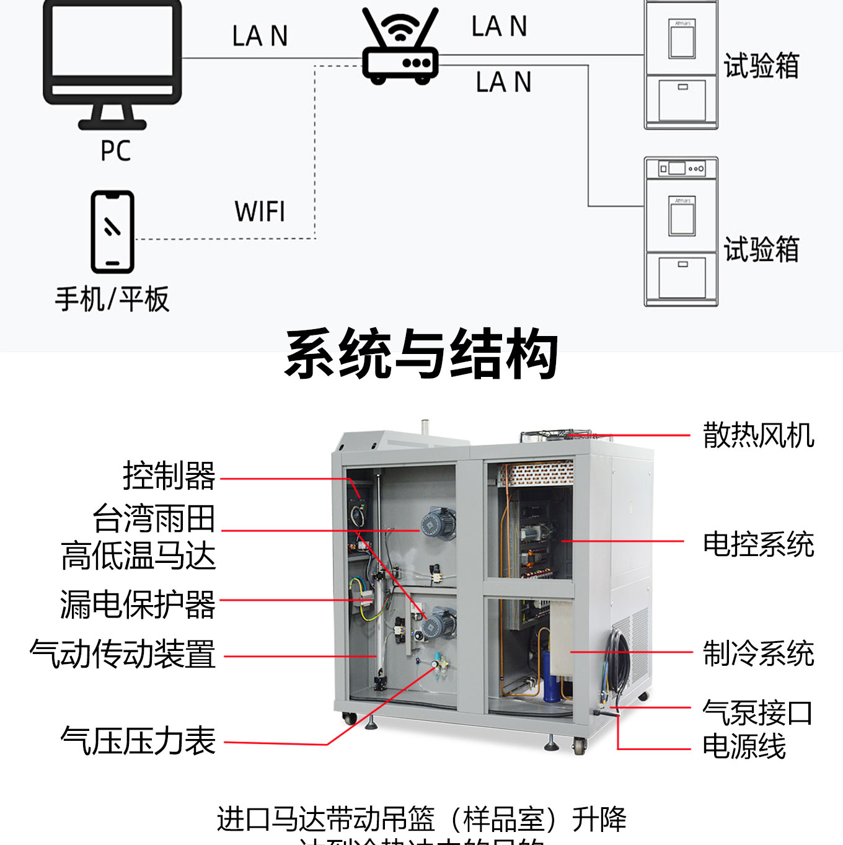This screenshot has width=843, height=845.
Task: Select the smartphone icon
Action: [x=112, y=232]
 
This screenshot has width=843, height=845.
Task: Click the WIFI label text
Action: [x=260, y=212]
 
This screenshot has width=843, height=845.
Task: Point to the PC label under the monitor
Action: [x=115, y=151]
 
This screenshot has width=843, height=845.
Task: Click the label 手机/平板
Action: [x=112, y=299]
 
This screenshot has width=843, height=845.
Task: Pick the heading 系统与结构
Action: [x=421, y=354]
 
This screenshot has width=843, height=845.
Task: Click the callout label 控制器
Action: [x=169, y=476]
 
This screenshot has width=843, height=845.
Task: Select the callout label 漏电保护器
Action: [x=138, y=604]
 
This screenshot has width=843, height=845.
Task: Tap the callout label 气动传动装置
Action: [x=123, y=655]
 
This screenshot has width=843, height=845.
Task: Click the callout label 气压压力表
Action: [x=138, y=741]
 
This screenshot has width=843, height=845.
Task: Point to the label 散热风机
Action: [x=758, y=435]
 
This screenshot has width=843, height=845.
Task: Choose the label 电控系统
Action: [x=758, y=544]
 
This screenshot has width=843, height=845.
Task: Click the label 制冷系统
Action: [x=758, y=653]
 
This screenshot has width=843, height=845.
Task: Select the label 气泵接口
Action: [x=757, y=713]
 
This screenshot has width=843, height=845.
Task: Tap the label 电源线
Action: [x=744, y=746]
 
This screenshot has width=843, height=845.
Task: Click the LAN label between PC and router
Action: [x=260, y=36]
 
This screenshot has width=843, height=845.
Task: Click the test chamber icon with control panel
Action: [x=681, y=231]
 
